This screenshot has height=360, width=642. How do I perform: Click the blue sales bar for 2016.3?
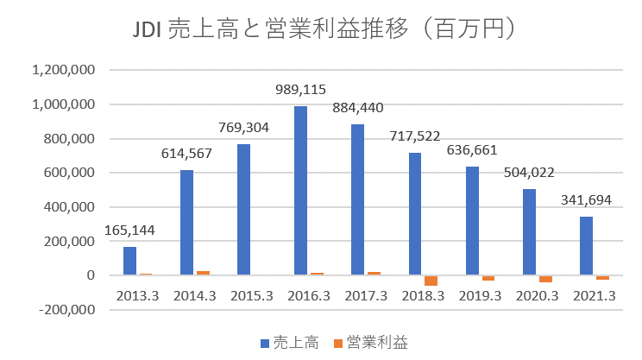pyautogui.click(x=301, y=190)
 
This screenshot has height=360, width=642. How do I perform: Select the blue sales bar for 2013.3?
pyautogui.click(x=129, y=261)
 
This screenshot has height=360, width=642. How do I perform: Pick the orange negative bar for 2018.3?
pyautogui.click(x=430, y=281)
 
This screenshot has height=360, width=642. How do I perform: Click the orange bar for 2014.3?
pyautogui.click(x=203, y=273)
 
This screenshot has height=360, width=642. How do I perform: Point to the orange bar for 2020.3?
pyautogui.click(x=545, y=279)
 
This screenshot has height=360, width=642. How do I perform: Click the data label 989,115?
pyautogui.click(x=300, y=90)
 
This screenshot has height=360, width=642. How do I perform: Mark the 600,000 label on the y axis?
pyautogui.click(x=72, y=173)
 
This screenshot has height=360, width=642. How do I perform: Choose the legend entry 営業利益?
pyautogui.click(x=377, y=344)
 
